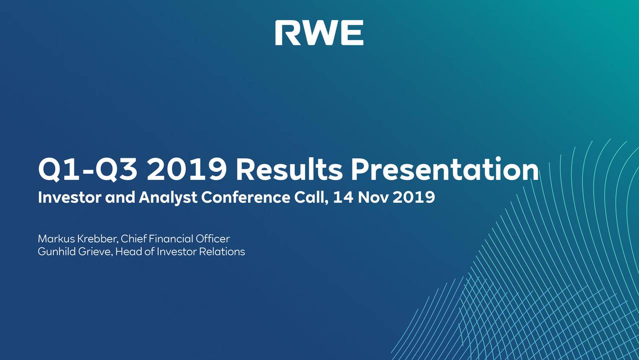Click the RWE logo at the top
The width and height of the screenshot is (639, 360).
click(319, 33)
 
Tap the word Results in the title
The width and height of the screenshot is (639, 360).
click(289, 170)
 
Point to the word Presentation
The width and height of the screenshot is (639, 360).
click(444, 170)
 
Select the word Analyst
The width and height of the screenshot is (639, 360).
click(168, 198)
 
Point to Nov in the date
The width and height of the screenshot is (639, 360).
click(371, 198)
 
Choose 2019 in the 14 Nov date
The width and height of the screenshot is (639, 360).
click(414, 198)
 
